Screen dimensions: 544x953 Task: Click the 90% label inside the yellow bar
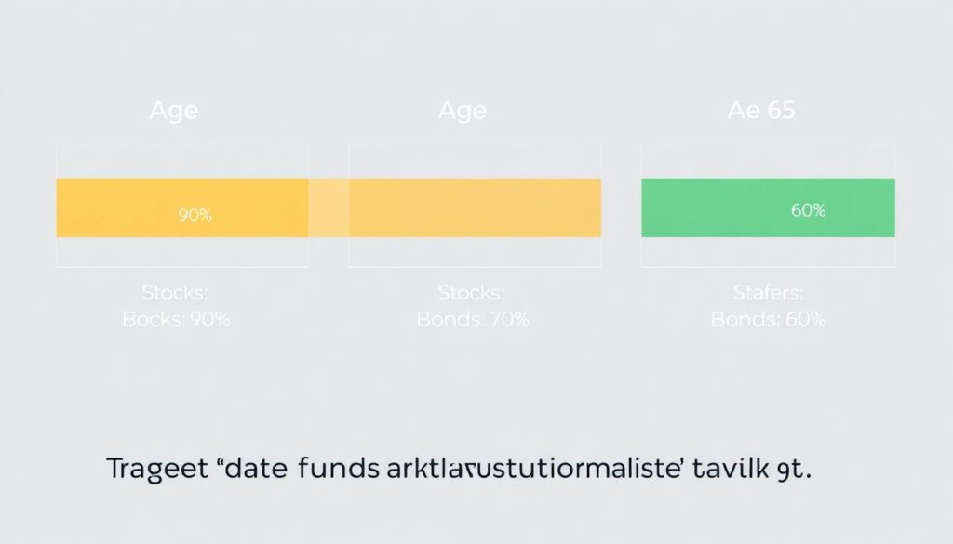tap(195, 216)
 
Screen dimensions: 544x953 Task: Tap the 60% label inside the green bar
tap(808, 210)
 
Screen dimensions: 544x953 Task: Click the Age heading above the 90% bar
tap(174, 111)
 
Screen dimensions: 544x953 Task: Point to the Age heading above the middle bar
tap(463, 111)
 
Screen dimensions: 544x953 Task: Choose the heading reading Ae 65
tap(760, 111)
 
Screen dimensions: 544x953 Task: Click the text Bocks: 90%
tap(176, 320)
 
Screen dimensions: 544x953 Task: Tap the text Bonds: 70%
tap(472, 320)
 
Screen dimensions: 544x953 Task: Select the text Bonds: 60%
tap(768, 320)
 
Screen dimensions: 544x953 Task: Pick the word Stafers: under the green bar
tap(768, 293)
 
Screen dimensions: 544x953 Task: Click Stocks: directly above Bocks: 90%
tap(176, 293)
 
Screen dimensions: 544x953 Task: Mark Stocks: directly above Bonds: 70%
tap(472, 293)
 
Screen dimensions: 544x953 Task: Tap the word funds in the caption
tap(336, 470)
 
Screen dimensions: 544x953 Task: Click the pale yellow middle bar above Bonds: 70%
tap(475, 208)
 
